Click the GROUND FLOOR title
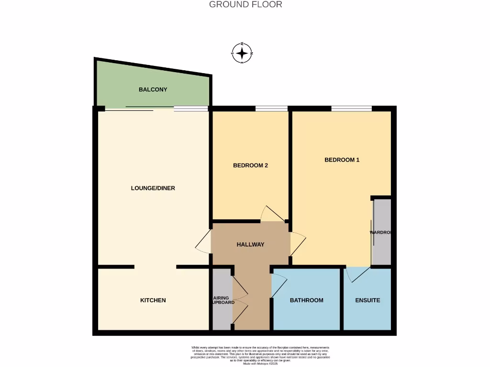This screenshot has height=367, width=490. click(x=245, y=5)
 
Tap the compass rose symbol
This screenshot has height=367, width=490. click(x=242, y=53)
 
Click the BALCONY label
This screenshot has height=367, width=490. click(x=153, y=89)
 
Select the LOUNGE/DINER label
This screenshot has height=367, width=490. click(x=153, y=188)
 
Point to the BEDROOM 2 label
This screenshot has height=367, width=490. click(x=250, y=165)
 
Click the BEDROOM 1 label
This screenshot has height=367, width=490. click(x=342, y=160)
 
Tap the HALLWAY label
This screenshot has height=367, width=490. click(x=250, y=244)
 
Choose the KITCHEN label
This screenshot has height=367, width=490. click(x=153, y=300)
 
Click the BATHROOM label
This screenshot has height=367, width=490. click(x=306, y=300)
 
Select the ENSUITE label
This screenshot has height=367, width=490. click(x=367, y=300)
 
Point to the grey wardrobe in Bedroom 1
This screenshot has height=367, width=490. click(x=382, y=232)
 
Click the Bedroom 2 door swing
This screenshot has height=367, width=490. click(x=271, y=214)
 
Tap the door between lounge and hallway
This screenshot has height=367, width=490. click(x=204, y=242)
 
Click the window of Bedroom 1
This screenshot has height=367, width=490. click(x=351, y=108)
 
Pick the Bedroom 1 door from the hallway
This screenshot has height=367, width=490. click(x=297, y=243)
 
